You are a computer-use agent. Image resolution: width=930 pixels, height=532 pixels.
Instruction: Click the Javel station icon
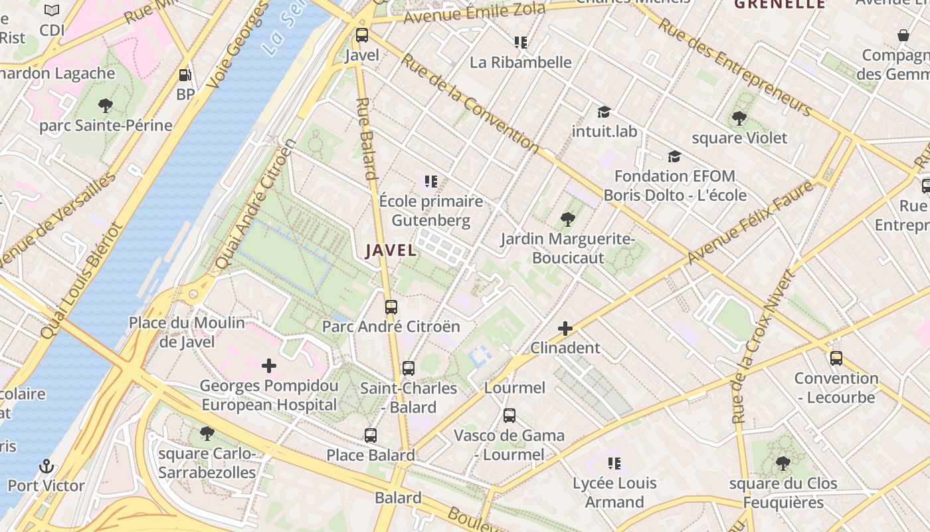point(362,35)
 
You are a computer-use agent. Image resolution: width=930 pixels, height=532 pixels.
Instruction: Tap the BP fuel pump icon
point(185,75)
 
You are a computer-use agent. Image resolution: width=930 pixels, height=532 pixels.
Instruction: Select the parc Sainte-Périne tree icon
point(105,105)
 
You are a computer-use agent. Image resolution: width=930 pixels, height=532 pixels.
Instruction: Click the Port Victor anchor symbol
point(46,465)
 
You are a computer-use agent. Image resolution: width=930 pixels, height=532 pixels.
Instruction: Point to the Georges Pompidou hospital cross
point(269,366)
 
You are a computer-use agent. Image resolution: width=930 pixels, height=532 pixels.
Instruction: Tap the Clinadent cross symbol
point(565,329)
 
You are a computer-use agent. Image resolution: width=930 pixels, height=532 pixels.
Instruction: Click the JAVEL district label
point(391,251)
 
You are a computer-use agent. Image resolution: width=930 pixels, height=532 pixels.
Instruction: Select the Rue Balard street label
point(367,138)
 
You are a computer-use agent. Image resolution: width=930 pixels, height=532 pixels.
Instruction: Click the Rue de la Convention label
point(469,101)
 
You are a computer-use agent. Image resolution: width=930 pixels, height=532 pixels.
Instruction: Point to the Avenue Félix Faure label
point(751,221)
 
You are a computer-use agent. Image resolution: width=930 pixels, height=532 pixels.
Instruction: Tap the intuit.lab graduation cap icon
point(604,112)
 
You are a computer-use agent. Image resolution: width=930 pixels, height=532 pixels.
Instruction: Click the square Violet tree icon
point(739,118)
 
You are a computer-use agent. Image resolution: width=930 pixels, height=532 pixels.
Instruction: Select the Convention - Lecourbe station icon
point(836,358)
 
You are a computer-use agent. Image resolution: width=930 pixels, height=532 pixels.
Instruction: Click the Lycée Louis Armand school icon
point(614,463)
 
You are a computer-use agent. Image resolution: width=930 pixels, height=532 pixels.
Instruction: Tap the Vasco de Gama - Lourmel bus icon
point(510,416)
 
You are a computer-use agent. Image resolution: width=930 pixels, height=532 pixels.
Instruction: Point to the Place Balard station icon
point(371,436)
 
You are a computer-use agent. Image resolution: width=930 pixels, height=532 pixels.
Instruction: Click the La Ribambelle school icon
point(521,43)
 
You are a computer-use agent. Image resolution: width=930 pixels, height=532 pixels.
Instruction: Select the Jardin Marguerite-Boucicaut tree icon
point(567,219)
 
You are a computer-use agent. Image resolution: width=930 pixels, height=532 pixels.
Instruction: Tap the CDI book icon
point(52,10)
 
